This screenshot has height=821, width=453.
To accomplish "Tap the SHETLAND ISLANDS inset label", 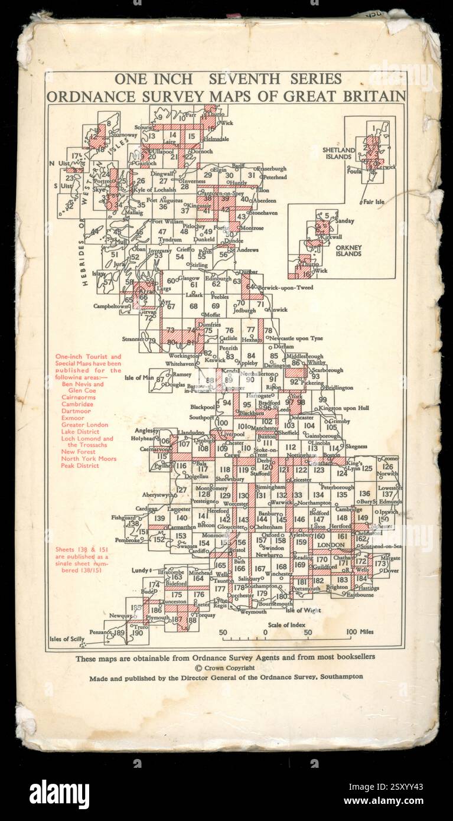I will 338,154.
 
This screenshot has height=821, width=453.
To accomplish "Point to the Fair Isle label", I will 373,202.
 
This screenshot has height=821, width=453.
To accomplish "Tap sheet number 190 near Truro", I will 138,633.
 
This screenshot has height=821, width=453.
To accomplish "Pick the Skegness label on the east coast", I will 357,447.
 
